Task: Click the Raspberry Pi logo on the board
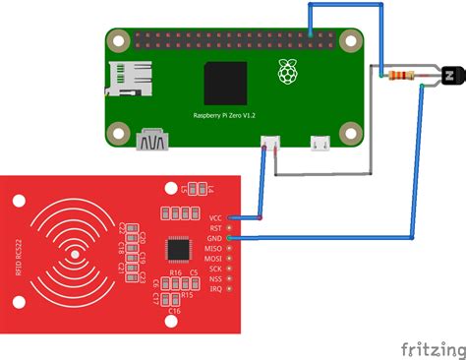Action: point(287,71)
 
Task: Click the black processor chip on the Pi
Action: point(225,84)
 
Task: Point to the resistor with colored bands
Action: point(398,74)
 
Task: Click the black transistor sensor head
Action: point(451,74)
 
